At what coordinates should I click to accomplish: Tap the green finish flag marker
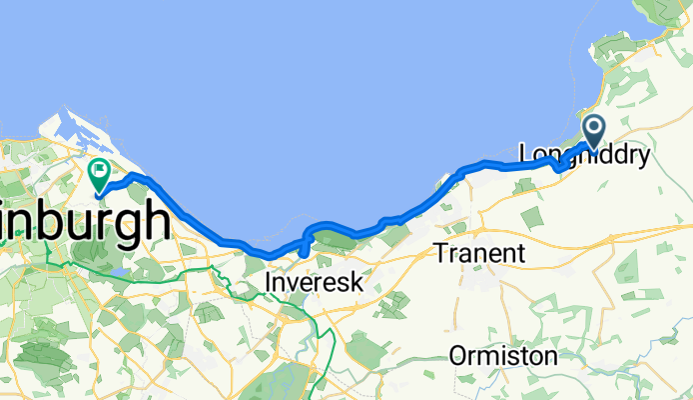pos(100,174)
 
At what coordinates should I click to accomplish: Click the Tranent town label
pos(480,254)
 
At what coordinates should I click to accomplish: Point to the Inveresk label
pos(315,285)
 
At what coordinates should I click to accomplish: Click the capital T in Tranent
pos(442,254)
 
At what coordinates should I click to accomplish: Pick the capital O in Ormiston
pos(458,356)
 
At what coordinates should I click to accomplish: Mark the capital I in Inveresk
pos(269,285)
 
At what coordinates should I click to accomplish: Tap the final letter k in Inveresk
pos(357,285)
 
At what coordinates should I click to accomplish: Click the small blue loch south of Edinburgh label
pos(120,271)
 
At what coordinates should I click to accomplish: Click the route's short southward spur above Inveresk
pos(303,246)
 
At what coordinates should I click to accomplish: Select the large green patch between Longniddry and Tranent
pos(530,201)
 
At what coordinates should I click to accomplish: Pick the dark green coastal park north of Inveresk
pos(335,240)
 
